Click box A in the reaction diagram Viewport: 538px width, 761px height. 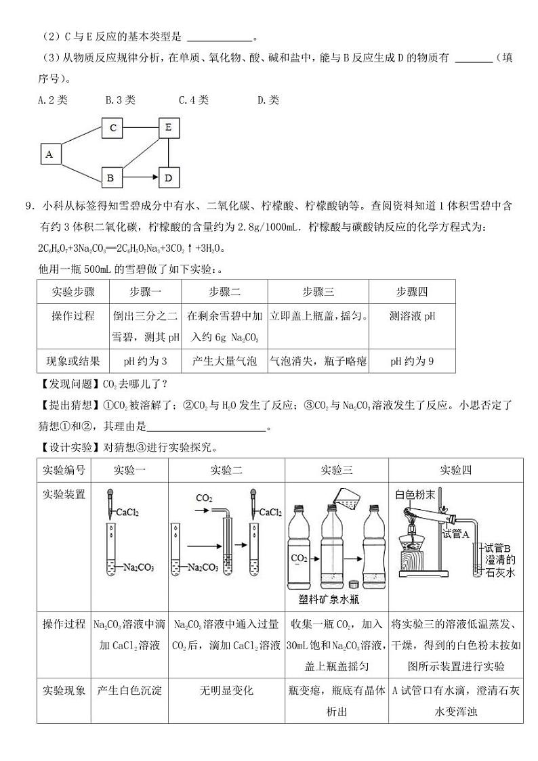click(x=49, y=154)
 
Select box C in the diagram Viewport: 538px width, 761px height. click(x=112, y=127)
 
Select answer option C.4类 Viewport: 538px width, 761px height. click(x=194, y=100)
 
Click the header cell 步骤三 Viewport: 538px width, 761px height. click(x=318, y=292)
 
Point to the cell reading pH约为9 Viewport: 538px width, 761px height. click(x=412, y=361)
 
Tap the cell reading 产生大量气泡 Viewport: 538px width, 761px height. click(x=224, y=361)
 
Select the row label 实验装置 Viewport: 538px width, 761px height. click(x=64, y=494)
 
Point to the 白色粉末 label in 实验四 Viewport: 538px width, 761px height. click(x=415, y=494)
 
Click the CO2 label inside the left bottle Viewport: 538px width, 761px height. click(x=299, y=559)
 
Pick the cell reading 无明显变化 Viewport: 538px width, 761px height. click(x=226, y=691)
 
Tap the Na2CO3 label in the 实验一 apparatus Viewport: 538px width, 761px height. click(x=139, y=567)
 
